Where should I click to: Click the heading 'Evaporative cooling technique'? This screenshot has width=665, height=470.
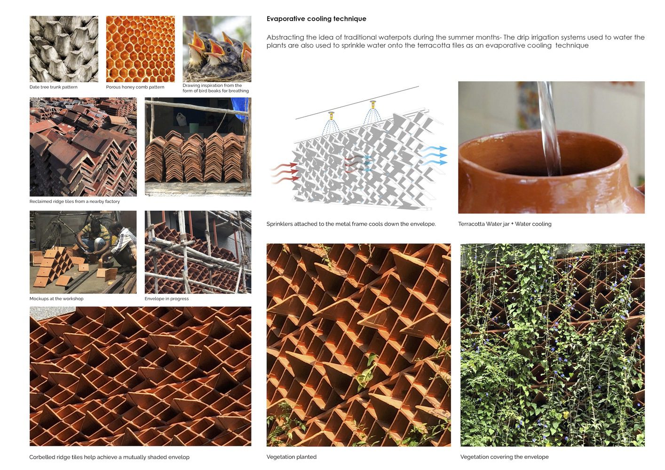(316, 19)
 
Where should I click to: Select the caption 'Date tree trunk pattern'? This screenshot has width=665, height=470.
(54, 87)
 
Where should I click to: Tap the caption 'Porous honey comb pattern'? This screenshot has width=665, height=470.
(135, 87)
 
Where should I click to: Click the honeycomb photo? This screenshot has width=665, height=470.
(141, 49)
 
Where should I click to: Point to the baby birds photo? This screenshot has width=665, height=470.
(217, 49)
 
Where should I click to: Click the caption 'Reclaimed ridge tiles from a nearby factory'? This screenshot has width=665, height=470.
(74, 201)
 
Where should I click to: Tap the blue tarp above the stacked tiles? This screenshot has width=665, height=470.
(240, 108)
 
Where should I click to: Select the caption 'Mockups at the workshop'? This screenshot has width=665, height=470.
(56, 298)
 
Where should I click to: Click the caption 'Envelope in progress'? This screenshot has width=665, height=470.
(166, 298)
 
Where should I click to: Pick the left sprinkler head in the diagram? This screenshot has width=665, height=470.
(331, 115)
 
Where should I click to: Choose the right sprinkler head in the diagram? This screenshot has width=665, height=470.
(373, 104)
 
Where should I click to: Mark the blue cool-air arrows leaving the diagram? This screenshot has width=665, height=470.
(434, 156)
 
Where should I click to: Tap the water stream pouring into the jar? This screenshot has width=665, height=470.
(549, 127)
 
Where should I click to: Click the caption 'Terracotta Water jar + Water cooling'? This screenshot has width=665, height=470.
(505, 224)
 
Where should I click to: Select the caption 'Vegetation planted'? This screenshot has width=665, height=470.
(292, 457)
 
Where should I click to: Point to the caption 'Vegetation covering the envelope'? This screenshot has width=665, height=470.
(504, 457)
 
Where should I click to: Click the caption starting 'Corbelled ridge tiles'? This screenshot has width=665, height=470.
(109, 457)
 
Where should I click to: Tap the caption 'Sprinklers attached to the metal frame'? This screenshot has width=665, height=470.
(351, 224)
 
